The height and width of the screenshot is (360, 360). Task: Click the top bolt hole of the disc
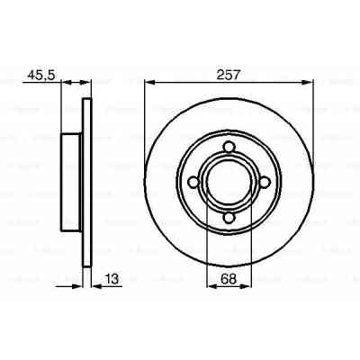click(x=229, y=146)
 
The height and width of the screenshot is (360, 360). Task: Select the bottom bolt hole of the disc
click(x=229, y=216)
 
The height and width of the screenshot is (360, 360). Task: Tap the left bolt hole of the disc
click(x=194, y=181)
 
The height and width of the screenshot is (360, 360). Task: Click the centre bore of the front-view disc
click(x=229, y=181)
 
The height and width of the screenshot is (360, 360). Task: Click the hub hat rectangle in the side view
click(x=71, y=181)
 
